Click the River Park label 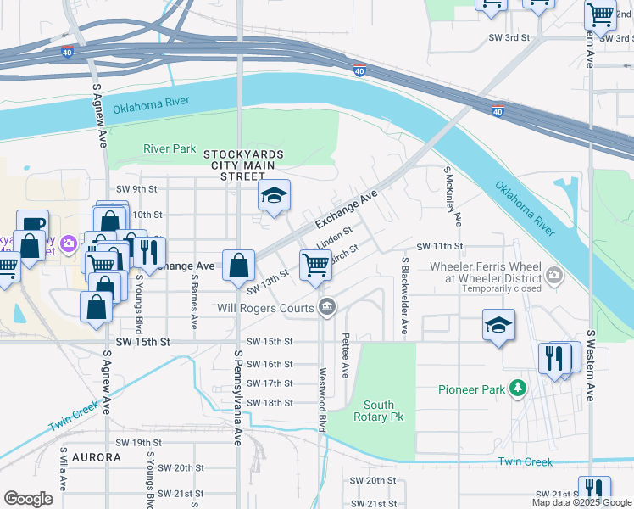(x=170, y=148)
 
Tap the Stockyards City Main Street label (x=242, y=165)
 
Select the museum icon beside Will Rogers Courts (x=326, y=308)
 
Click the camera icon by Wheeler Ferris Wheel (x=554, y=274)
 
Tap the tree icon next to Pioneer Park (x=516, y=389)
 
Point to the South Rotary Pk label (x=383, y=411)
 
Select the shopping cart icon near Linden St (x=315, y=265)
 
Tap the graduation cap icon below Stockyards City (x=274, y=197)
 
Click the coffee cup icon (x=32, y=225)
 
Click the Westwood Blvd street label (x=323, y=400)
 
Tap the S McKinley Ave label (x=451, y=196)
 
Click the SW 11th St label (x=440, y=246)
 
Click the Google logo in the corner (x=29, y=499)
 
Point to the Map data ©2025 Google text (x=581, y=502)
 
